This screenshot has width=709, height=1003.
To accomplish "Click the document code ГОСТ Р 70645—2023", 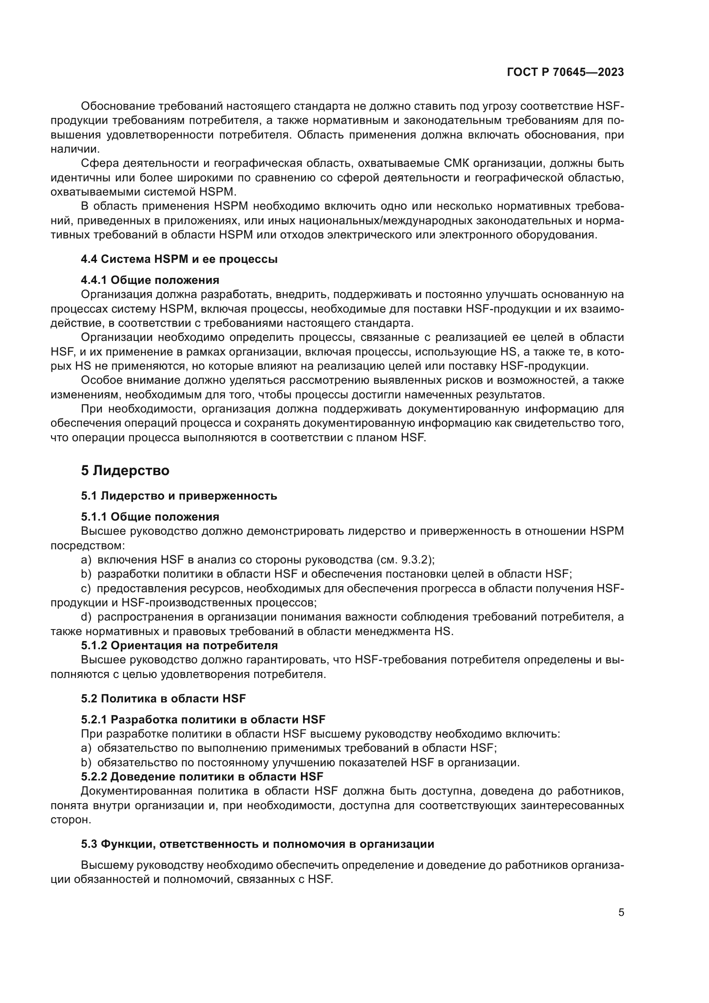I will (565, 72).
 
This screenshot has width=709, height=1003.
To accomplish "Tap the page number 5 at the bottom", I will (621, 912).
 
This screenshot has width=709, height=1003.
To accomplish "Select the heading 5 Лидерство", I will (125, 470).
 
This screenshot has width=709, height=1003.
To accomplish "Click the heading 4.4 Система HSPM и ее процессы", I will (179, 259).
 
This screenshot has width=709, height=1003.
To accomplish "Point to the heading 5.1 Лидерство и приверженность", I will (179, 496).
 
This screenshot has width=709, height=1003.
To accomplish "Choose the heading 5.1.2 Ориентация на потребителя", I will (179, 645).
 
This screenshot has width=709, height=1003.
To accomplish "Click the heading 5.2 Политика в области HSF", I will (163, 699).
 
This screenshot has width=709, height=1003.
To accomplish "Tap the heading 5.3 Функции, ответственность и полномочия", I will (258, 843).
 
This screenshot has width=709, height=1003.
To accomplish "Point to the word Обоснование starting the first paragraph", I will (117, 106).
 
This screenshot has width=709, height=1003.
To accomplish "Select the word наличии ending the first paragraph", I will (69, 149).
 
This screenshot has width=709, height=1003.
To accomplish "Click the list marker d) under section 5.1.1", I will (86, 617).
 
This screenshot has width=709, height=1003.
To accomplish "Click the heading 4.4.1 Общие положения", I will (150, 280).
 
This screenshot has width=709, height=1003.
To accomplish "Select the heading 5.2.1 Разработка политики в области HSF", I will (203, 720).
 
